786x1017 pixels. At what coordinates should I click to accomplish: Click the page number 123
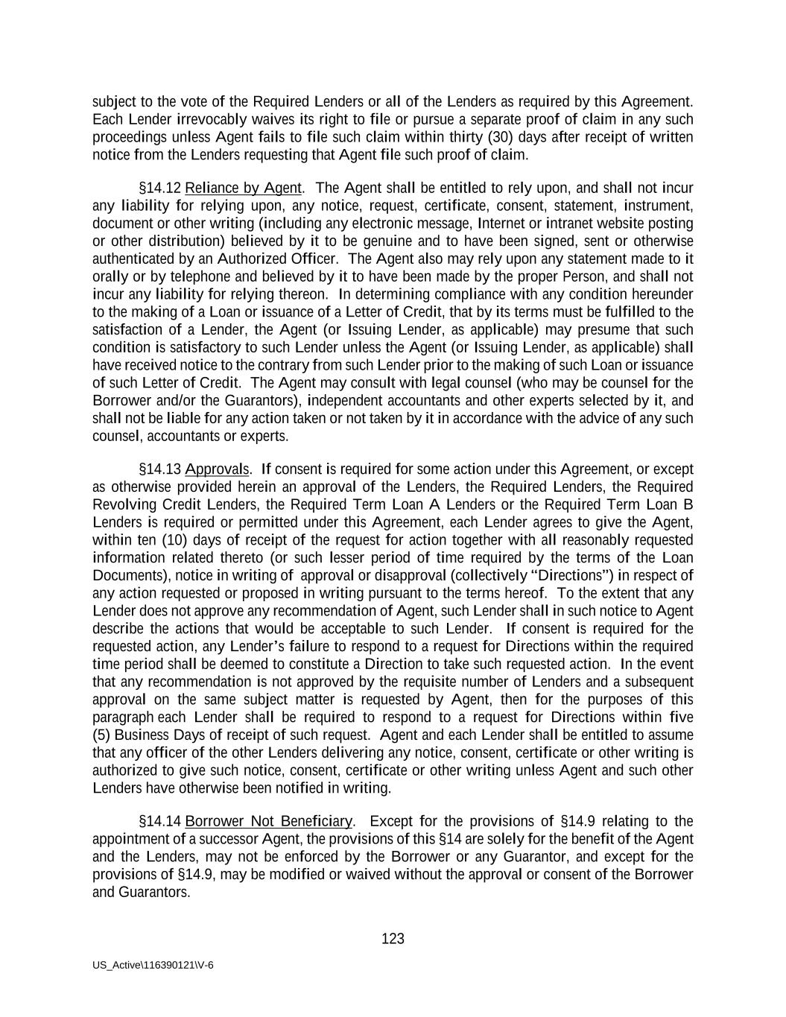tap(393, 939)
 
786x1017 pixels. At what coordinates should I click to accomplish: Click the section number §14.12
tap(160, 188)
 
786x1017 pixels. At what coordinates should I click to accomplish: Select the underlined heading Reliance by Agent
tap(244, 188)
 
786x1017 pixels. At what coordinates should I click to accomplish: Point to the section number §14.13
tap(160, 469)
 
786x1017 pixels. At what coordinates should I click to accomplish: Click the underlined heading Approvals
tap(217, 469)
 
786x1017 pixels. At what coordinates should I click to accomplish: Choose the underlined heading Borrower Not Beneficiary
tap(268, 821)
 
